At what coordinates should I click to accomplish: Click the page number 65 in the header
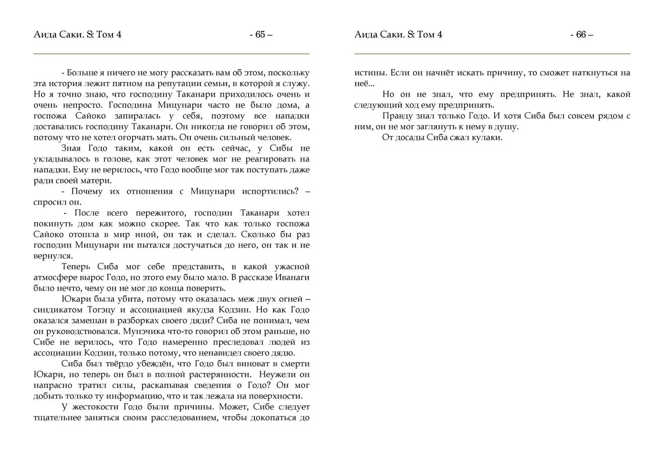click(x=261, y=35)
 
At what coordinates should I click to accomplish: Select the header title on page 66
click(x=398, y=35)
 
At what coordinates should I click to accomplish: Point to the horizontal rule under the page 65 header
click(x=171, y=54)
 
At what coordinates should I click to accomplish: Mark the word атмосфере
click(x=52, y=278)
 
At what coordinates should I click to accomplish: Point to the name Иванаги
click(x=292, y=278)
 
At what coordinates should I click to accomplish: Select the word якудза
click(x=203, y=310)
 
